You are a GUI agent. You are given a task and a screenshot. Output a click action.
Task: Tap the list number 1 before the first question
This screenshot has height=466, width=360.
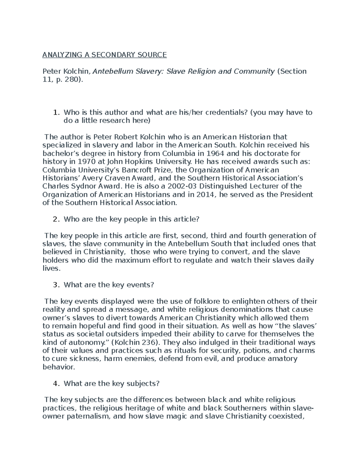(x=55, y=113)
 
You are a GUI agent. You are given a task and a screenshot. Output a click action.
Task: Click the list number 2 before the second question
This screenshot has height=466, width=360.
(x=55, y=219)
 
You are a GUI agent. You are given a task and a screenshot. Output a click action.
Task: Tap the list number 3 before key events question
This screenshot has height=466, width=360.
(x=55, y=285)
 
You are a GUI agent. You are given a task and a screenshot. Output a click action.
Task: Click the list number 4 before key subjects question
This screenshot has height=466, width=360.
(x=55, y=383)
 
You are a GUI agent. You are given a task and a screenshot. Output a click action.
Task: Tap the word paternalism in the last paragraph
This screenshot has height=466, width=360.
(x=85, y=416)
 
